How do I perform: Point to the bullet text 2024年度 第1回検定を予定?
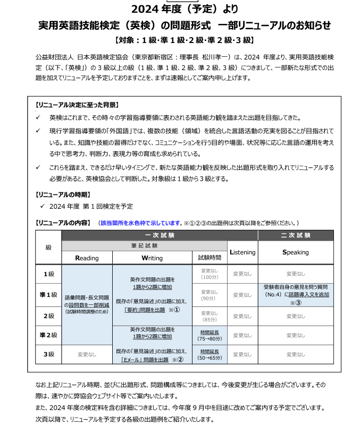[90, 206]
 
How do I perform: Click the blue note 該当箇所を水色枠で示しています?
[141, 223]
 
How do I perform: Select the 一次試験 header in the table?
[160, 235]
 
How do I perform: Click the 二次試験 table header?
[295, 235]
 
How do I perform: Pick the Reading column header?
[87, 258]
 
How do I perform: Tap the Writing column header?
[152, 258]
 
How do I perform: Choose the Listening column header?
[242, 252]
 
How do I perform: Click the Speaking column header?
[295, 252]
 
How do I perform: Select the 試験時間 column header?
[210, 258]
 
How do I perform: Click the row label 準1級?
[49, 295]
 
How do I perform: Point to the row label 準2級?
[49, 335]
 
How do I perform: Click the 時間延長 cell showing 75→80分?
[210, 335]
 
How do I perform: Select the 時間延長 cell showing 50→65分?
[210, 354]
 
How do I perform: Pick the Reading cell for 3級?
[87, 354]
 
